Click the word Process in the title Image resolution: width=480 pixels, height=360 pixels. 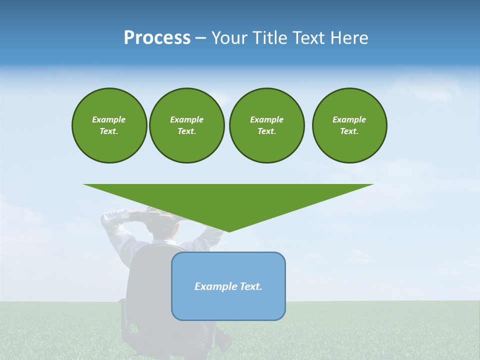click(157, 38)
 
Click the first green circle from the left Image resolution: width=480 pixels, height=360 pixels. click(109, 125)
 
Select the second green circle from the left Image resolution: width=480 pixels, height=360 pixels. click(187, 125)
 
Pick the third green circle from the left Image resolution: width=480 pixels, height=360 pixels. click(266, 125)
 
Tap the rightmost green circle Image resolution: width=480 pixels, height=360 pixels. click(349, 125)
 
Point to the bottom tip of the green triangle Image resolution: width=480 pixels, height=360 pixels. click(228, 231)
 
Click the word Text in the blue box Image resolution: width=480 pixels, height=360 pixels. click(250, 286)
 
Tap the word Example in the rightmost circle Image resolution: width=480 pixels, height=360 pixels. click(349, 119)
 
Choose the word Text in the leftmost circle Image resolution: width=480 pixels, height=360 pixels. click(109, 131)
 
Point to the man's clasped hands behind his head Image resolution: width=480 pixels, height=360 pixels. click(150, 215)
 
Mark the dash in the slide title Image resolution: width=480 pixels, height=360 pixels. click(201, 38)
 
